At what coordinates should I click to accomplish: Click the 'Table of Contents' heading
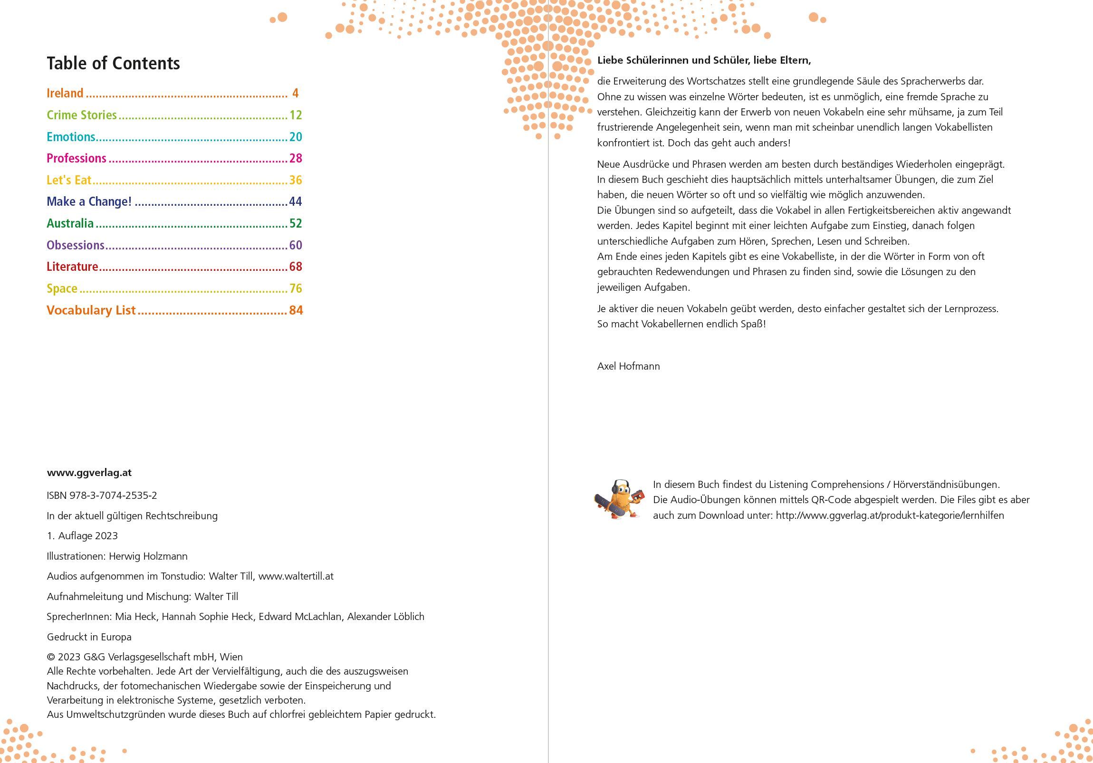pos(113,63)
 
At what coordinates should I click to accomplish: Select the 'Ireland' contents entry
pos(65,93)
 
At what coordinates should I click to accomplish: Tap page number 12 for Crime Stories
pos(296,114)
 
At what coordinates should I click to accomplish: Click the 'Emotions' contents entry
pos(71,137)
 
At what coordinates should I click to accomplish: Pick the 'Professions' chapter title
pos(76,158)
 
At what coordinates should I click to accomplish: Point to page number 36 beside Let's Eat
pos(296,180)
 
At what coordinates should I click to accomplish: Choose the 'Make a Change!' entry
pos(89,201)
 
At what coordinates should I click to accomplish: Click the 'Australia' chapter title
pos(70,223)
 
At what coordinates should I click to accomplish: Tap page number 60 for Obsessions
pos(296,245)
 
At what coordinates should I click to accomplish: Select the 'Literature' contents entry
pos(72,267)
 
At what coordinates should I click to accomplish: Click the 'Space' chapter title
pos(62,288)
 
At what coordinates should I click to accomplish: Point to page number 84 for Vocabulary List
pos(296,310)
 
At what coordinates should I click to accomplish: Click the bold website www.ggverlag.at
pos(89,473)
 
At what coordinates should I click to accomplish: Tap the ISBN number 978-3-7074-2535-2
pos(113,496)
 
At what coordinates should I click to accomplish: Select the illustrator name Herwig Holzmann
pos(148,556)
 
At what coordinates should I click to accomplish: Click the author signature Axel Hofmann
pos(628,366)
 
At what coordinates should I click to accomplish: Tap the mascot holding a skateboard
pos(619,499)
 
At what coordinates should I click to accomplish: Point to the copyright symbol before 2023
pos(50,658)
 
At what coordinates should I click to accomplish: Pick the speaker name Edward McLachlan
pos(300,616)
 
